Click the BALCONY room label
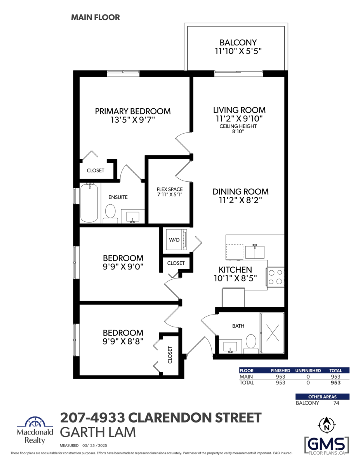point(238,42)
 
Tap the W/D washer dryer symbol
point(176,239)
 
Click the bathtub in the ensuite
point(89,203)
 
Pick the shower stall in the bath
point(272,333)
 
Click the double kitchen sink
point(255,252)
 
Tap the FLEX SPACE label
point(169,189)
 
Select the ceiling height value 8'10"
point(238,131)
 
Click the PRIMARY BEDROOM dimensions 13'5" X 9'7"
point(133,120)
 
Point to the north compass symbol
point(327,425)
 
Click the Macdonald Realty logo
point(35,430)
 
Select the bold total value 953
point(336,383)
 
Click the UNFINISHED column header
point(308,370)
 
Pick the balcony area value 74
point(336,403)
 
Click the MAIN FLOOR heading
point(96,17)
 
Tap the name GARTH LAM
point(98,432)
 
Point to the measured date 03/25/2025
point(94,445)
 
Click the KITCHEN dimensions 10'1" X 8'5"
point(235,278)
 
